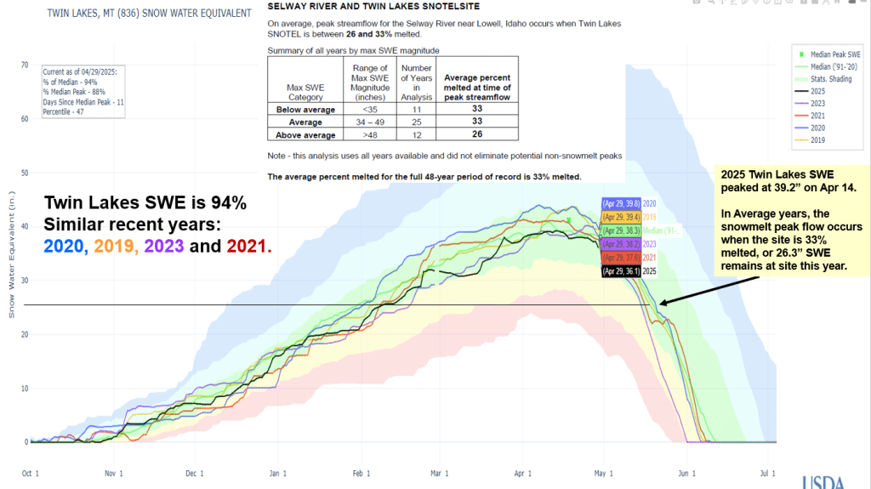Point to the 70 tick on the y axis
25,65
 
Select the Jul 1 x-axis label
768,473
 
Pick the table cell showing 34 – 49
369,122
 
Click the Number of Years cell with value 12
416,134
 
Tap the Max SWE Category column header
305,86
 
